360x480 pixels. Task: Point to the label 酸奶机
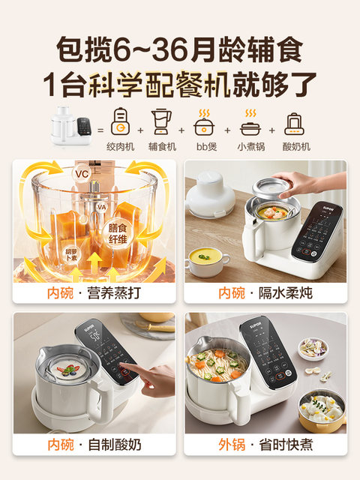pyautogui.click(x=295, y=147)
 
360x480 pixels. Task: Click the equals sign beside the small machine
pyautogui.click(x=99, y=130)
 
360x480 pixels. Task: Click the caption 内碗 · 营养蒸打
pyautogui.click(x=94, y=292)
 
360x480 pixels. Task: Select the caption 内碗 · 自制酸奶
pyautogui.click(x=94, y=445)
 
